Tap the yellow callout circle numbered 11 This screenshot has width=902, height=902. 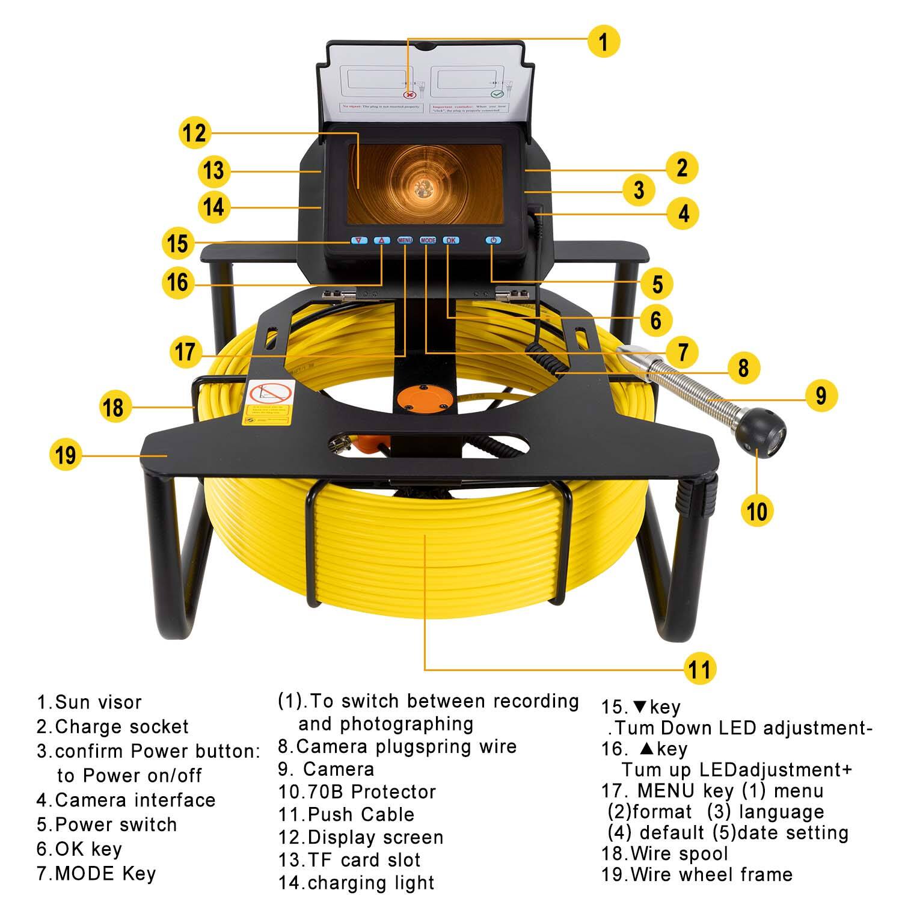[x=699, y=669]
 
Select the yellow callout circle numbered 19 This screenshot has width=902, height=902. [x=65, y=455]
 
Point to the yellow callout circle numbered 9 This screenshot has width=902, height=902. [x=821, y=396]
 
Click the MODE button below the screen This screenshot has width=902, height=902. [x=428, y=241]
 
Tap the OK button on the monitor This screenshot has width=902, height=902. [x=451, y=241]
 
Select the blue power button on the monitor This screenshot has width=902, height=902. [x=493, y=241]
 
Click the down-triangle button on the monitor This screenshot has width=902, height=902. [x=359, y=241]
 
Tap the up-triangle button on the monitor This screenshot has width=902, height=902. [x=381, y=241]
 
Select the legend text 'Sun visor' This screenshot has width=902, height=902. [x=98, y=702]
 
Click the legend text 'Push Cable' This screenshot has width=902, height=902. [x=361, y=815]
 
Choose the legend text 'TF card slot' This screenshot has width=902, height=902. [x=364, y=860]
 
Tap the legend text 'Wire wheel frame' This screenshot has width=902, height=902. [x=711, y=874]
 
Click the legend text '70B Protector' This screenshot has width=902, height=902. [x=371, y=792]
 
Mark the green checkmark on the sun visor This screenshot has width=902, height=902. [x=497, y=94]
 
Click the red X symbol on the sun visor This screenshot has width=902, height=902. [x=409, y=94]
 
